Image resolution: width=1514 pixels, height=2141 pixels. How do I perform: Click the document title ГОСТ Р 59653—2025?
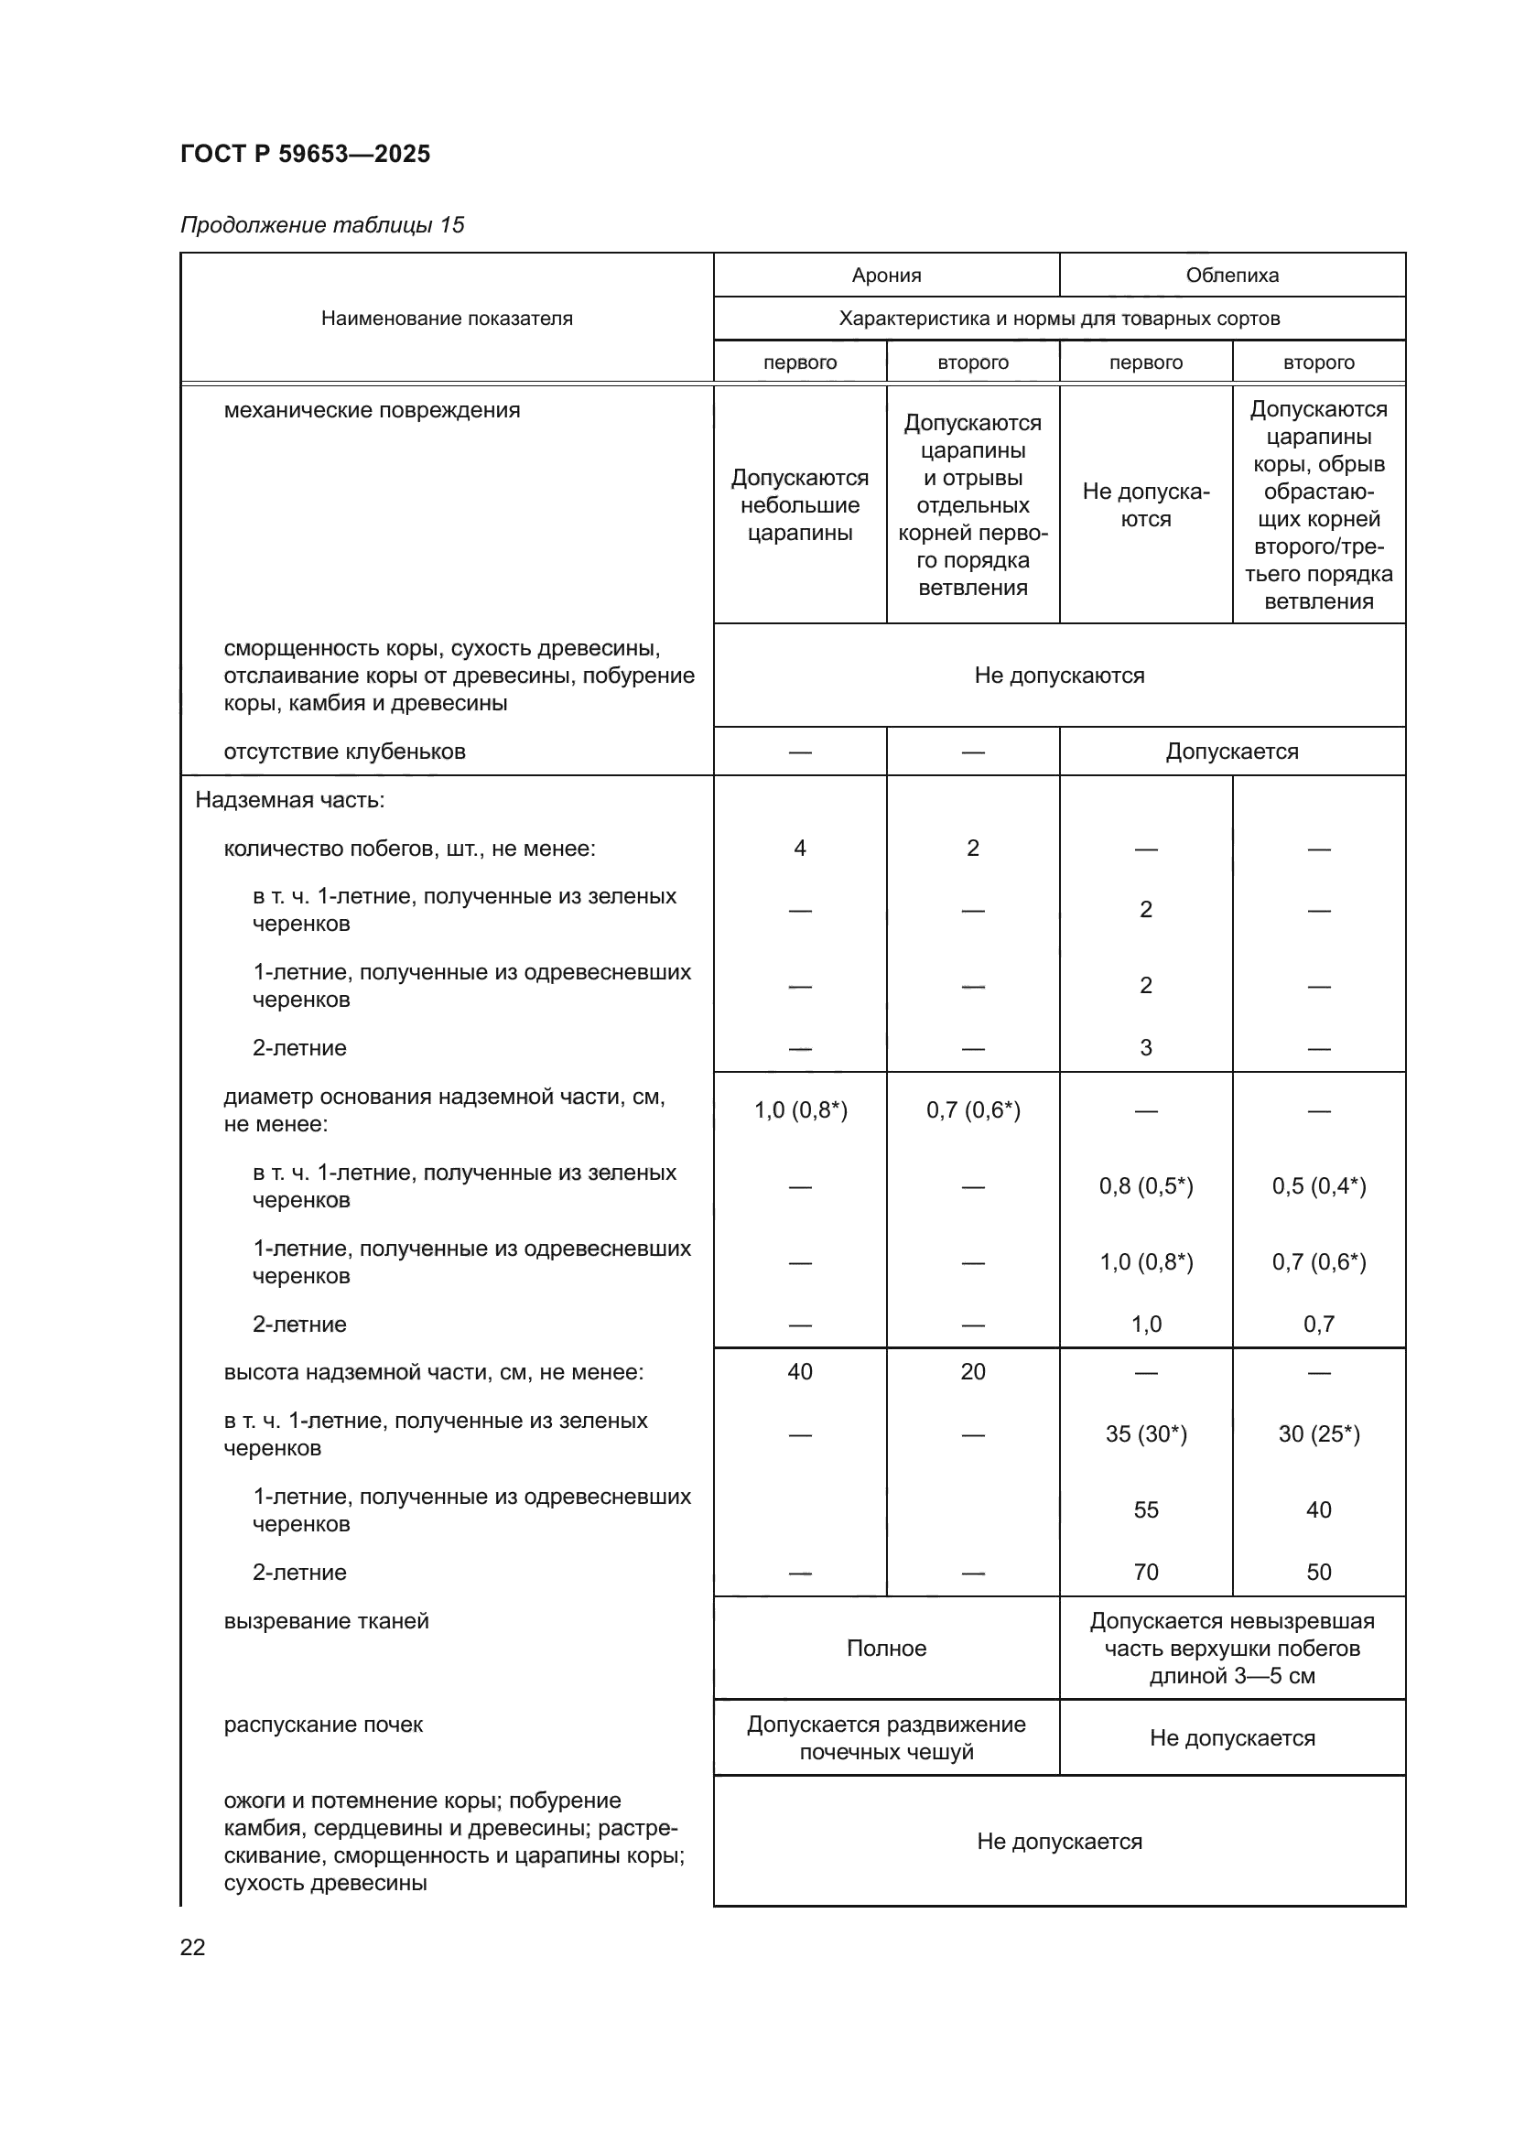[305, 154]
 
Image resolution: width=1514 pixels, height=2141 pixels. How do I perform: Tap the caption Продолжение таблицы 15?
[321, 225]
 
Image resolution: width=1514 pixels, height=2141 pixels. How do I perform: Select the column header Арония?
[886, 276]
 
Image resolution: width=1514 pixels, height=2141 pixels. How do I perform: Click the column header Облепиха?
[1231, 276]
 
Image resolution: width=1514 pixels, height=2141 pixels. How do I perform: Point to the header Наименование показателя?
[447, 318]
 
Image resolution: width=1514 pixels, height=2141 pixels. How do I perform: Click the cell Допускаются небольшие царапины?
[799, 504]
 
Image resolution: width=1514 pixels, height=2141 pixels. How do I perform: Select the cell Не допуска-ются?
[1145, 504]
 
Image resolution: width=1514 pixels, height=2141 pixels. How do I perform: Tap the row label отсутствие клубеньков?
[344, 752]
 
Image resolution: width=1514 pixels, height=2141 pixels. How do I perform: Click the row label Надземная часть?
[289, 800]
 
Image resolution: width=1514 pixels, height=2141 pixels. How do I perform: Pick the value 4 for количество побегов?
[799, 848]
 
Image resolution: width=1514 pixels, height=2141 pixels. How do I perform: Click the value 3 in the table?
[1145, 1047]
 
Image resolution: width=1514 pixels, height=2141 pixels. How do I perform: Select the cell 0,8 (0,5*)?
[1145, 1186]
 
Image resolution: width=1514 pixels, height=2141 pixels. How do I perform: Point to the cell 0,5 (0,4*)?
[1318, 1186]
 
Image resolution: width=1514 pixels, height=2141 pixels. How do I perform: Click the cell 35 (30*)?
[1145, 1433]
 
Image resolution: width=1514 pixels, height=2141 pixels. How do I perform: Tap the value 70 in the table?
[1145, 1573]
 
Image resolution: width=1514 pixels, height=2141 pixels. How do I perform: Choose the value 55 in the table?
[1145, 1509]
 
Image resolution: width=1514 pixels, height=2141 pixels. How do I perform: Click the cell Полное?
[886, 1648]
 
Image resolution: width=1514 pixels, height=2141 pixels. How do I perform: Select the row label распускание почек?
[322, 1725]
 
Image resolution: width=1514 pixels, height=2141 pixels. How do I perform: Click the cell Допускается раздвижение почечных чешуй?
[886, 1737]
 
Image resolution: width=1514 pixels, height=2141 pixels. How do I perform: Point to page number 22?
[192, 1947]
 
